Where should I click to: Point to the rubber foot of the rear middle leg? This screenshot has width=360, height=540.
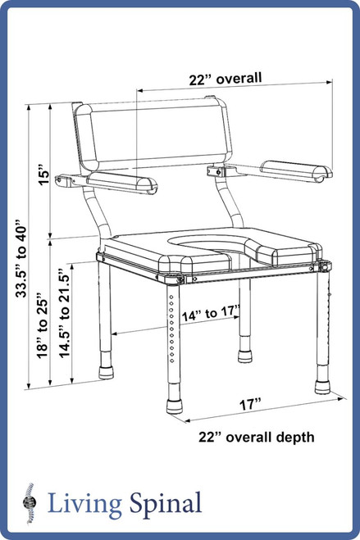pos(244,357)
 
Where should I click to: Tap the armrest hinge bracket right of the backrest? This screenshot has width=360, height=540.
pos(220,175)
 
